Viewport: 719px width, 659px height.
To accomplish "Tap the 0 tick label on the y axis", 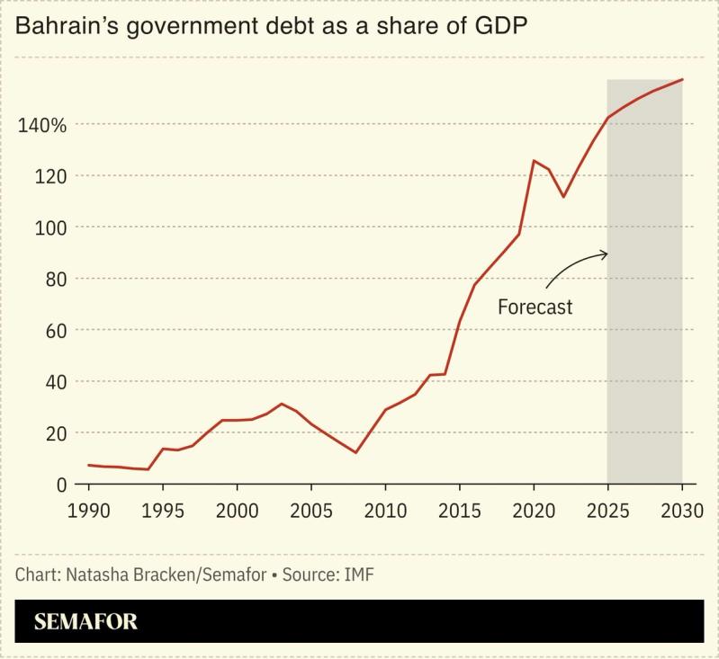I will [x=62, y=485].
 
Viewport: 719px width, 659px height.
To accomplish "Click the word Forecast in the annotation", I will [x=535, y=307].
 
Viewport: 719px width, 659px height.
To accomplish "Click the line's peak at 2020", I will [x=534, y=161].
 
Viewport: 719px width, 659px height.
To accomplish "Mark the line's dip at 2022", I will [x=563, y=197].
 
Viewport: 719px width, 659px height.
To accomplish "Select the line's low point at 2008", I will [x=355, y=452].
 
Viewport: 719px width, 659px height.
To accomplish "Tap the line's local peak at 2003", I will [x=282, y=404].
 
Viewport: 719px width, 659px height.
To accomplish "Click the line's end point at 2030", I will [x=682, y=80].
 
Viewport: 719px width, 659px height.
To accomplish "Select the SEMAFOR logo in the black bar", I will [x=86, y=621].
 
